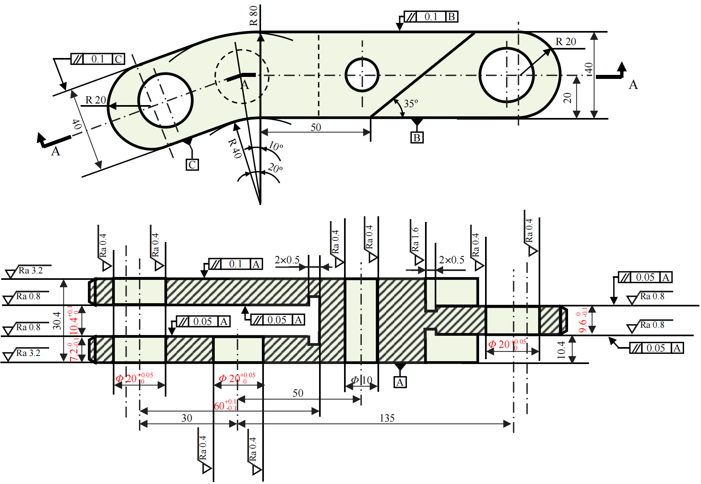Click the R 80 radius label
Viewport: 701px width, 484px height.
tap(253, 16)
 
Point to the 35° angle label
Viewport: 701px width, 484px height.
tap(411, 103)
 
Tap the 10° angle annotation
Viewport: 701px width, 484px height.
tap(276, 146)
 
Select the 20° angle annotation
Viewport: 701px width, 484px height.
tap(276, 168)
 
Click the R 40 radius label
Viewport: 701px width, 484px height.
tap(234, 148)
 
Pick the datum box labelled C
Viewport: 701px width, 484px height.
tap(192, 165)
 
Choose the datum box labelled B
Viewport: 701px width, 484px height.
tap(417, 138)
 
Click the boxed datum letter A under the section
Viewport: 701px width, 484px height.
tap(400, 382)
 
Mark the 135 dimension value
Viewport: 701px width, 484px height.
tap(387, 418)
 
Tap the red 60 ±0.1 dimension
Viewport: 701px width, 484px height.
tap(225, 405)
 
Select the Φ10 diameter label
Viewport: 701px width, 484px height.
tap(361, 380)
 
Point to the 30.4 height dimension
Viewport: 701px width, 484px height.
tap(57, 321)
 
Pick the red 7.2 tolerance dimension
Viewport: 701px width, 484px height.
tap(74, 350)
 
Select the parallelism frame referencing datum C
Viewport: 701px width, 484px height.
tap(98, 59)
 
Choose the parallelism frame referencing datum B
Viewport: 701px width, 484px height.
tap(431, 17)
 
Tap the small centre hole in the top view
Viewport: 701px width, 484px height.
tap(362, 75)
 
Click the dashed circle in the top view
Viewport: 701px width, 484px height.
tap(242, 76)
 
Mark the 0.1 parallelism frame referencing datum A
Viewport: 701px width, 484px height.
tap(236, 264)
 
